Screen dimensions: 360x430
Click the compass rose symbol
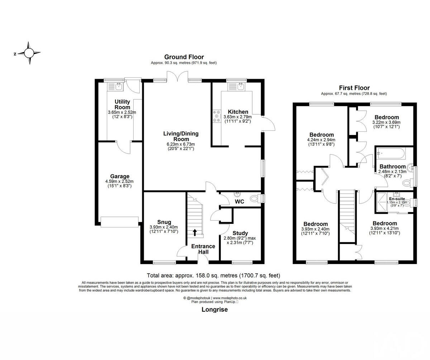point(29,53)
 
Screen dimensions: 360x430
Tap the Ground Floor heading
point(184,57)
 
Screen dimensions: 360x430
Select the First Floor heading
point(354,88)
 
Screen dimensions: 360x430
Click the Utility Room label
point(122,105)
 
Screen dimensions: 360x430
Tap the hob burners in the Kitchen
point(216,116)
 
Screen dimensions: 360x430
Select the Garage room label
point(120,176)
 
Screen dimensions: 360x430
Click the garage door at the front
point(120,222)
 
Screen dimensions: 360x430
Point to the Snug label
point(164,222)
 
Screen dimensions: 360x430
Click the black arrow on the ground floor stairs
point(195,232)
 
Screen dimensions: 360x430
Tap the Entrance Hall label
point(203,249)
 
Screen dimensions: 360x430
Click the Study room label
point(240,233)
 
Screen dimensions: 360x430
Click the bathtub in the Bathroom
point(391,154)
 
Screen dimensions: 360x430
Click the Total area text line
point(213,275)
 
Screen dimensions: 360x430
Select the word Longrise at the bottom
point(214,310)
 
